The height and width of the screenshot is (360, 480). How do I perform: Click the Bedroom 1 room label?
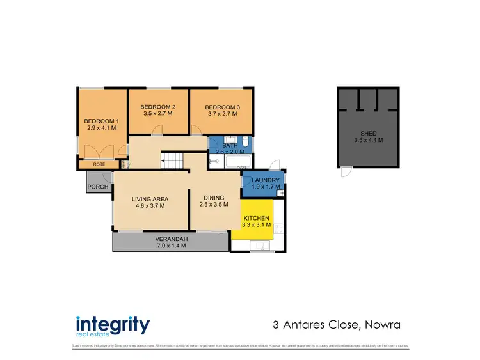click(x=101, y=121)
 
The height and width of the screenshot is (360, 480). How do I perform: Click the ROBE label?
click(x=99, y=164)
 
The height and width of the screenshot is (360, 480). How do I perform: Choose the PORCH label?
click(x=98, y=187)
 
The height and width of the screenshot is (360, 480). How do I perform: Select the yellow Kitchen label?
click(x=256, y=218)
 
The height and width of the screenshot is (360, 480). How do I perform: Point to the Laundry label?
click(x=266, y=180)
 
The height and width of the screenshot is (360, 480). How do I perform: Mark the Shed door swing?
click(x=346, y=171)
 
